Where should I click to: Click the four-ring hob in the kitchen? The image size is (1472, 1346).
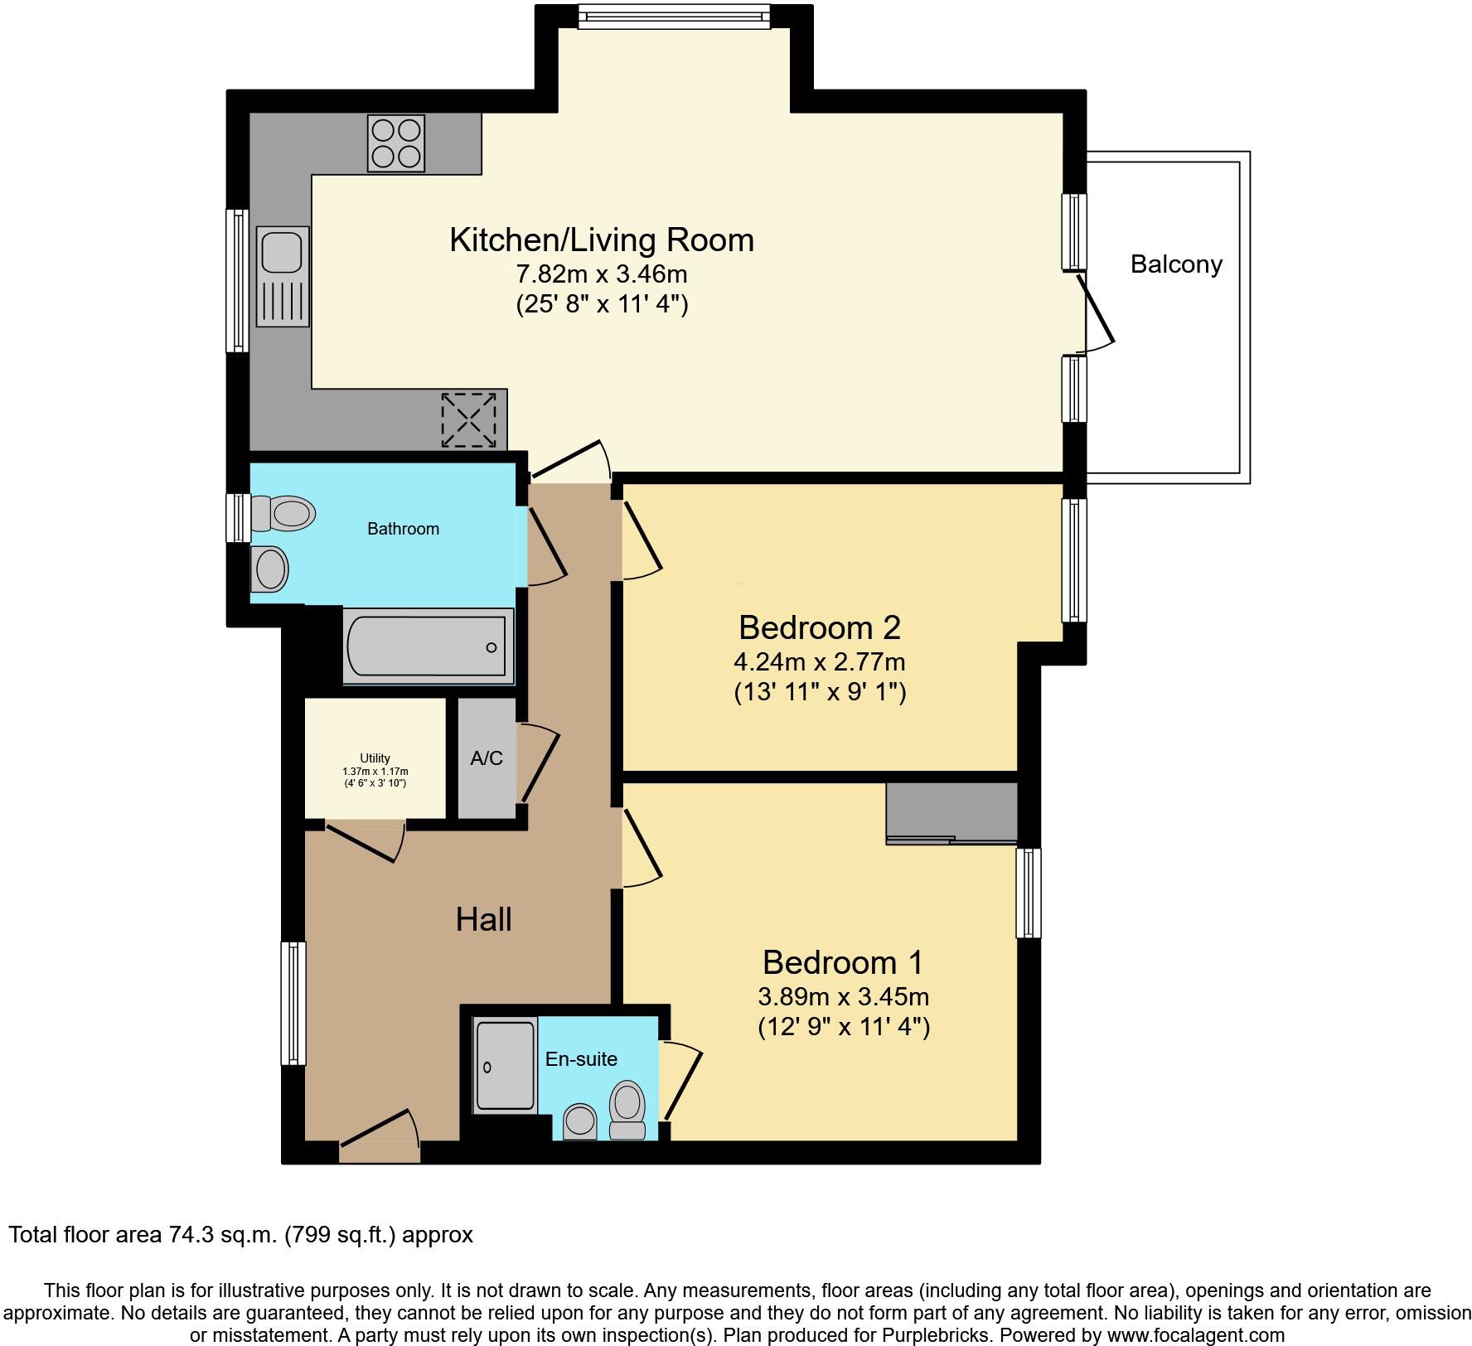pos(395,143)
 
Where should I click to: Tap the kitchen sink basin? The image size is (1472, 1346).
pos(282,251)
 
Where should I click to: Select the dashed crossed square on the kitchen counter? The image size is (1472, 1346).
pos(468,420)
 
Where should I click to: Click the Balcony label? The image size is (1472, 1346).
pos(1176,264)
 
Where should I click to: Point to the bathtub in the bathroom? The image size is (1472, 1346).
pos(428,646)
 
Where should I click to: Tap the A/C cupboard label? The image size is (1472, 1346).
pos(487,758)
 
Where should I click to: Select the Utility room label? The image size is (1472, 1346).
pos(375,758)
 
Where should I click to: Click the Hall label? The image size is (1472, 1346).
pos(483,919)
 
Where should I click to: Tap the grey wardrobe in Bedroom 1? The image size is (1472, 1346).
pos(951,812)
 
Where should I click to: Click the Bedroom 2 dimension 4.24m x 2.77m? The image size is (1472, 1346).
pos(819,662)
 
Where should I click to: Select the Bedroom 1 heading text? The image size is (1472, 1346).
pos(842,962)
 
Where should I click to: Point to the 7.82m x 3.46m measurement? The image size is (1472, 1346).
pos(602,274)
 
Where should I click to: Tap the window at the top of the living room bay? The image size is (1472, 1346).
pos(673,15)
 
